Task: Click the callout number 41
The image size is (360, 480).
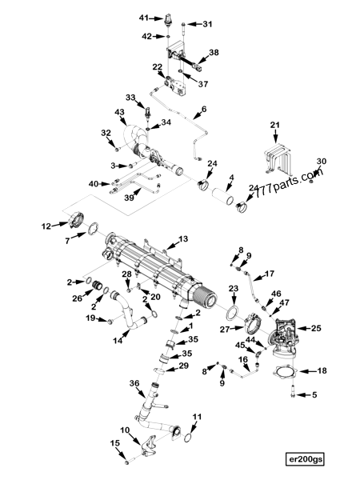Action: tap(144, 18)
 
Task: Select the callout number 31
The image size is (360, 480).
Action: tap(207, 24)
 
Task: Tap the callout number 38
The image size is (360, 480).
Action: tap(213, 53)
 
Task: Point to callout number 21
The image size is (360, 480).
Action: tap(274, 125)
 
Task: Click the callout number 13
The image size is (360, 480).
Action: tap(182, 239)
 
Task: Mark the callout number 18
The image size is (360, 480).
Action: tap(322, 371)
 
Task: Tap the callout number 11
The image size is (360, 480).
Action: tap(198, 417)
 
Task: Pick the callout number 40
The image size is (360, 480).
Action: tap(94, 184)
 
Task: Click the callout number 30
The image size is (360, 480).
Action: tap(321, 162)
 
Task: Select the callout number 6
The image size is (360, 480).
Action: tap(203, 109)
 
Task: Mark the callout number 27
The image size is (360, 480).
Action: tap(226, 328)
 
